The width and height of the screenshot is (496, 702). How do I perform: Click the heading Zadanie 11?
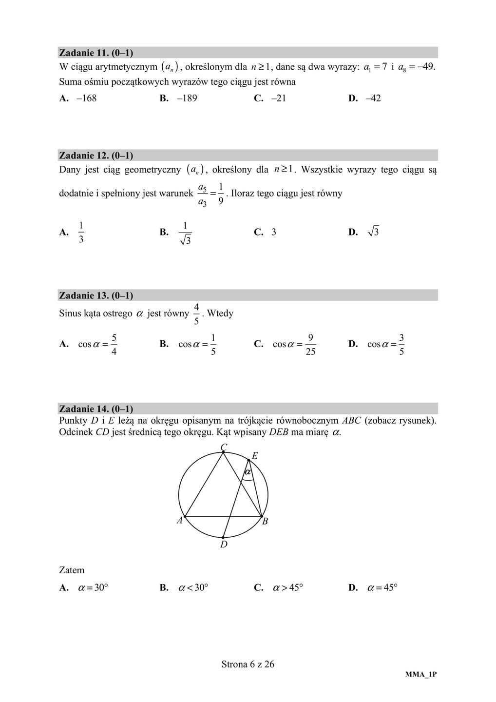[96, 53]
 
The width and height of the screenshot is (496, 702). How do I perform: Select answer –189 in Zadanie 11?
[187, 98]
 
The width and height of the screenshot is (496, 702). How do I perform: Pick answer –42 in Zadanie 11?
[373, 98]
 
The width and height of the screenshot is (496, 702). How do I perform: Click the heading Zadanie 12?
[96, 156]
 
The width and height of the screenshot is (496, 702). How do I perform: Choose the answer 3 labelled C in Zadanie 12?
[274, 233]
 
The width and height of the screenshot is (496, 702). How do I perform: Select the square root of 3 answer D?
[373, 232]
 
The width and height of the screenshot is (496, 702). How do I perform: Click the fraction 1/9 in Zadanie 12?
[221, 194]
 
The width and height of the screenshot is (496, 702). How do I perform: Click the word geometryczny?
[153, 170]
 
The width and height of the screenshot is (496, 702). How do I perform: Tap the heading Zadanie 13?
[96, 295]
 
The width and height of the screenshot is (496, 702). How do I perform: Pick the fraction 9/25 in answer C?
[310, 345]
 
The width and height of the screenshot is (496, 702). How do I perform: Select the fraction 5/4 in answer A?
[114, 345]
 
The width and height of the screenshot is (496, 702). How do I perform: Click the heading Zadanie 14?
[96, 409]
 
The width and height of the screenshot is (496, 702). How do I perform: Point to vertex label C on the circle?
[224, 447]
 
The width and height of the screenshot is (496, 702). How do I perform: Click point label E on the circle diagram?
[254, 456]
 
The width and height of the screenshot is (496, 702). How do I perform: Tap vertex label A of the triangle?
[179, 521]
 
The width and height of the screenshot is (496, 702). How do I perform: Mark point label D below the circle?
[224, 545]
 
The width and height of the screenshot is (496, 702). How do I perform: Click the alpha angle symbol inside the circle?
[248, 472]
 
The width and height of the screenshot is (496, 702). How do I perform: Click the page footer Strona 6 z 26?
[248, 664]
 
